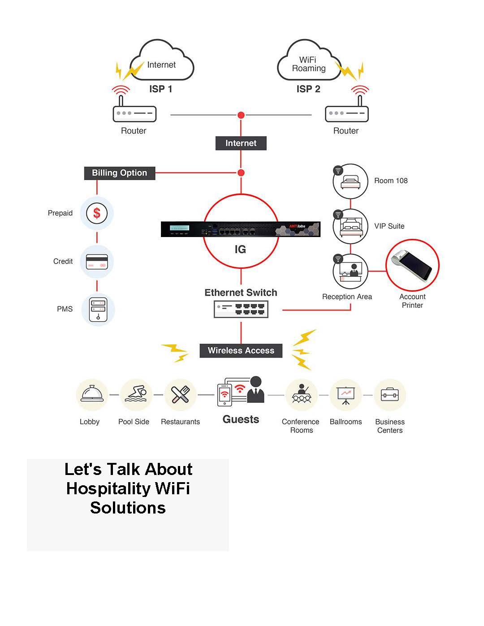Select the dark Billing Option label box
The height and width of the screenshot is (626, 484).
pos(120,173)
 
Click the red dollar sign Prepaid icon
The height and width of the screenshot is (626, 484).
pos(97,213)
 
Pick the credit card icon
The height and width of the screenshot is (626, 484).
pos(97,262)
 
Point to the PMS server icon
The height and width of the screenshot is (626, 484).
pos(98,310)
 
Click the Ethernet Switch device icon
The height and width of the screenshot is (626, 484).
pos(241,309)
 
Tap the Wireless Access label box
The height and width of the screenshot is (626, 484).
pos(241,350)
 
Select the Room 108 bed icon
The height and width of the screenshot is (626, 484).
pos(350,181)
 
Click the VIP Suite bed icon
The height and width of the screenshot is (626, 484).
pos(350,226)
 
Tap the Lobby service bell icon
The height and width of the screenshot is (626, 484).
pos(92,394)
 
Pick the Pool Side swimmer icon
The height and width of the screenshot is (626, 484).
pos(136,394)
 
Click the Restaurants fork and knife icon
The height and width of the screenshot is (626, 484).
pos(180,394)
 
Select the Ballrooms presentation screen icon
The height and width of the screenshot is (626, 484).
pos(346,395)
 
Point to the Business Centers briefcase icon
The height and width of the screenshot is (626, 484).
pos(390,394)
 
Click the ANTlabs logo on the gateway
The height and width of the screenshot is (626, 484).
pos(297,226)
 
